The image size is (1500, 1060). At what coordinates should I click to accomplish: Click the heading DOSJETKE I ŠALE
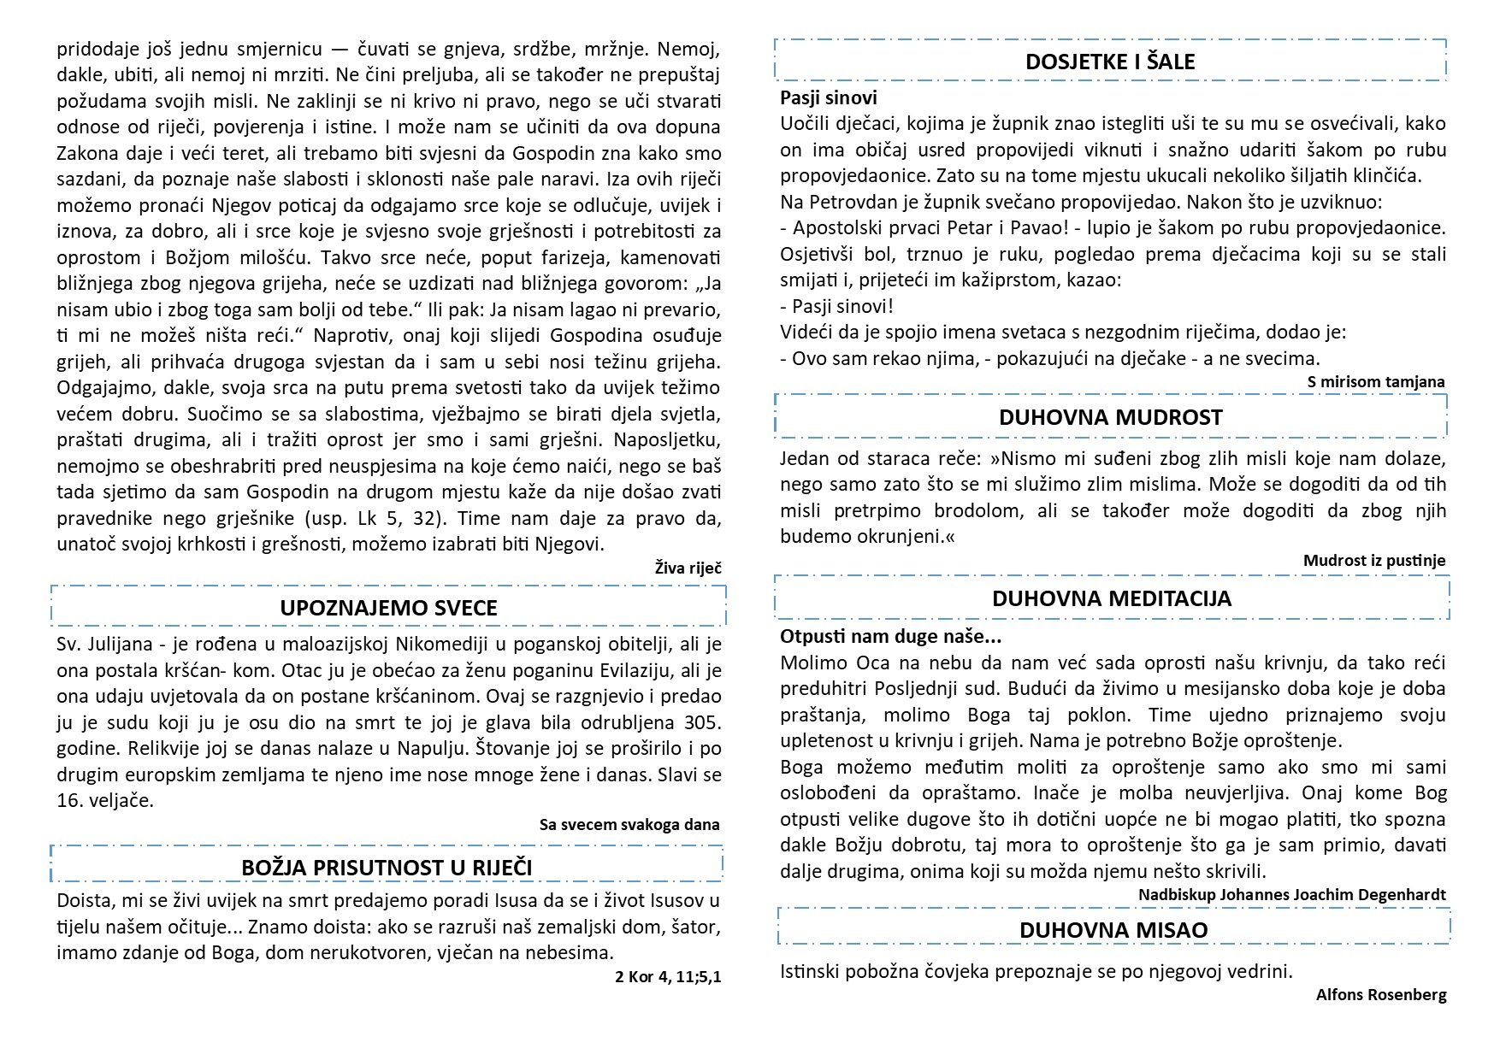point(1110,62)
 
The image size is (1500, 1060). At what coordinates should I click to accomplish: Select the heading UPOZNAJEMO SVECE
point(388,608)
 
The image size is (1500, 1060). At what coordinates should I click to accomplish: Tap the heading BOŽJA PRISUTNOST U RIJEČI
point(387,868)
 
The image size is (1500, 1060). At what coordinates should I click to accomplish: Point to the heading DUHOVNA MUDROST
point(1110,417)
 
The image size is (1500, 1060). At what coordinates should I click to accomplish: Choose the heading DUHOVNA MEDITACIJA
point(1111,598)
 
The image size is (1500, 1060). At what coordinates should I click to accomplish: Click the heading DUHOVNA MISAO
point(1113,930)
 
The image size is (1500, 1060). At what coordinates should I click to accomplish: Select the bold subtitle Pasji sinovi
point(829,97)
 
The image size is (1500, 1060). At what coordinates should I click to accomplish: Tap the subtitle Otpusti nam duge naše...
point(890,636)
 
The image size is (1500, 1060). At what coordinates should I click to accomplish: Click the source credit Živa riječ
point(688,567)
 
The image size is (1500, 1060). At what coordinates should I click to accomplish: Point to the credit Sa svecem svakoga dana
point(629,825)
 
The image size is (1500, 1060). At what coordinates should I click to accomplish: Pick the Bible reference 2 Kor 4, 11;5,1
point(668,976)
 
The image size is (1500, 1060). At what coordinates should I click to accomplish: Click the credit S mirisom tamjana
point(1376,382)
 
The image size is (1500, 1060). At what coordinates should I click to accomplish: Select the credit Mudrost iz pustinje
point(1374,561)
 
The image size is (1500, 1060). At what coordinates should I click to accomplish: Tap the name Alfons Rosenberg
point(1381,994)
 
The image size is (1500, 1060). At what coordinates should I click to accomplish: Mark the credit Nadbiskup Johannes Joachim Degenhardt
point(1291,894)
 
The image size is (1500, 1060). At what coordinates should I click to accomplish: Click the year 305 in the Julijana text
point(704,722)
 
